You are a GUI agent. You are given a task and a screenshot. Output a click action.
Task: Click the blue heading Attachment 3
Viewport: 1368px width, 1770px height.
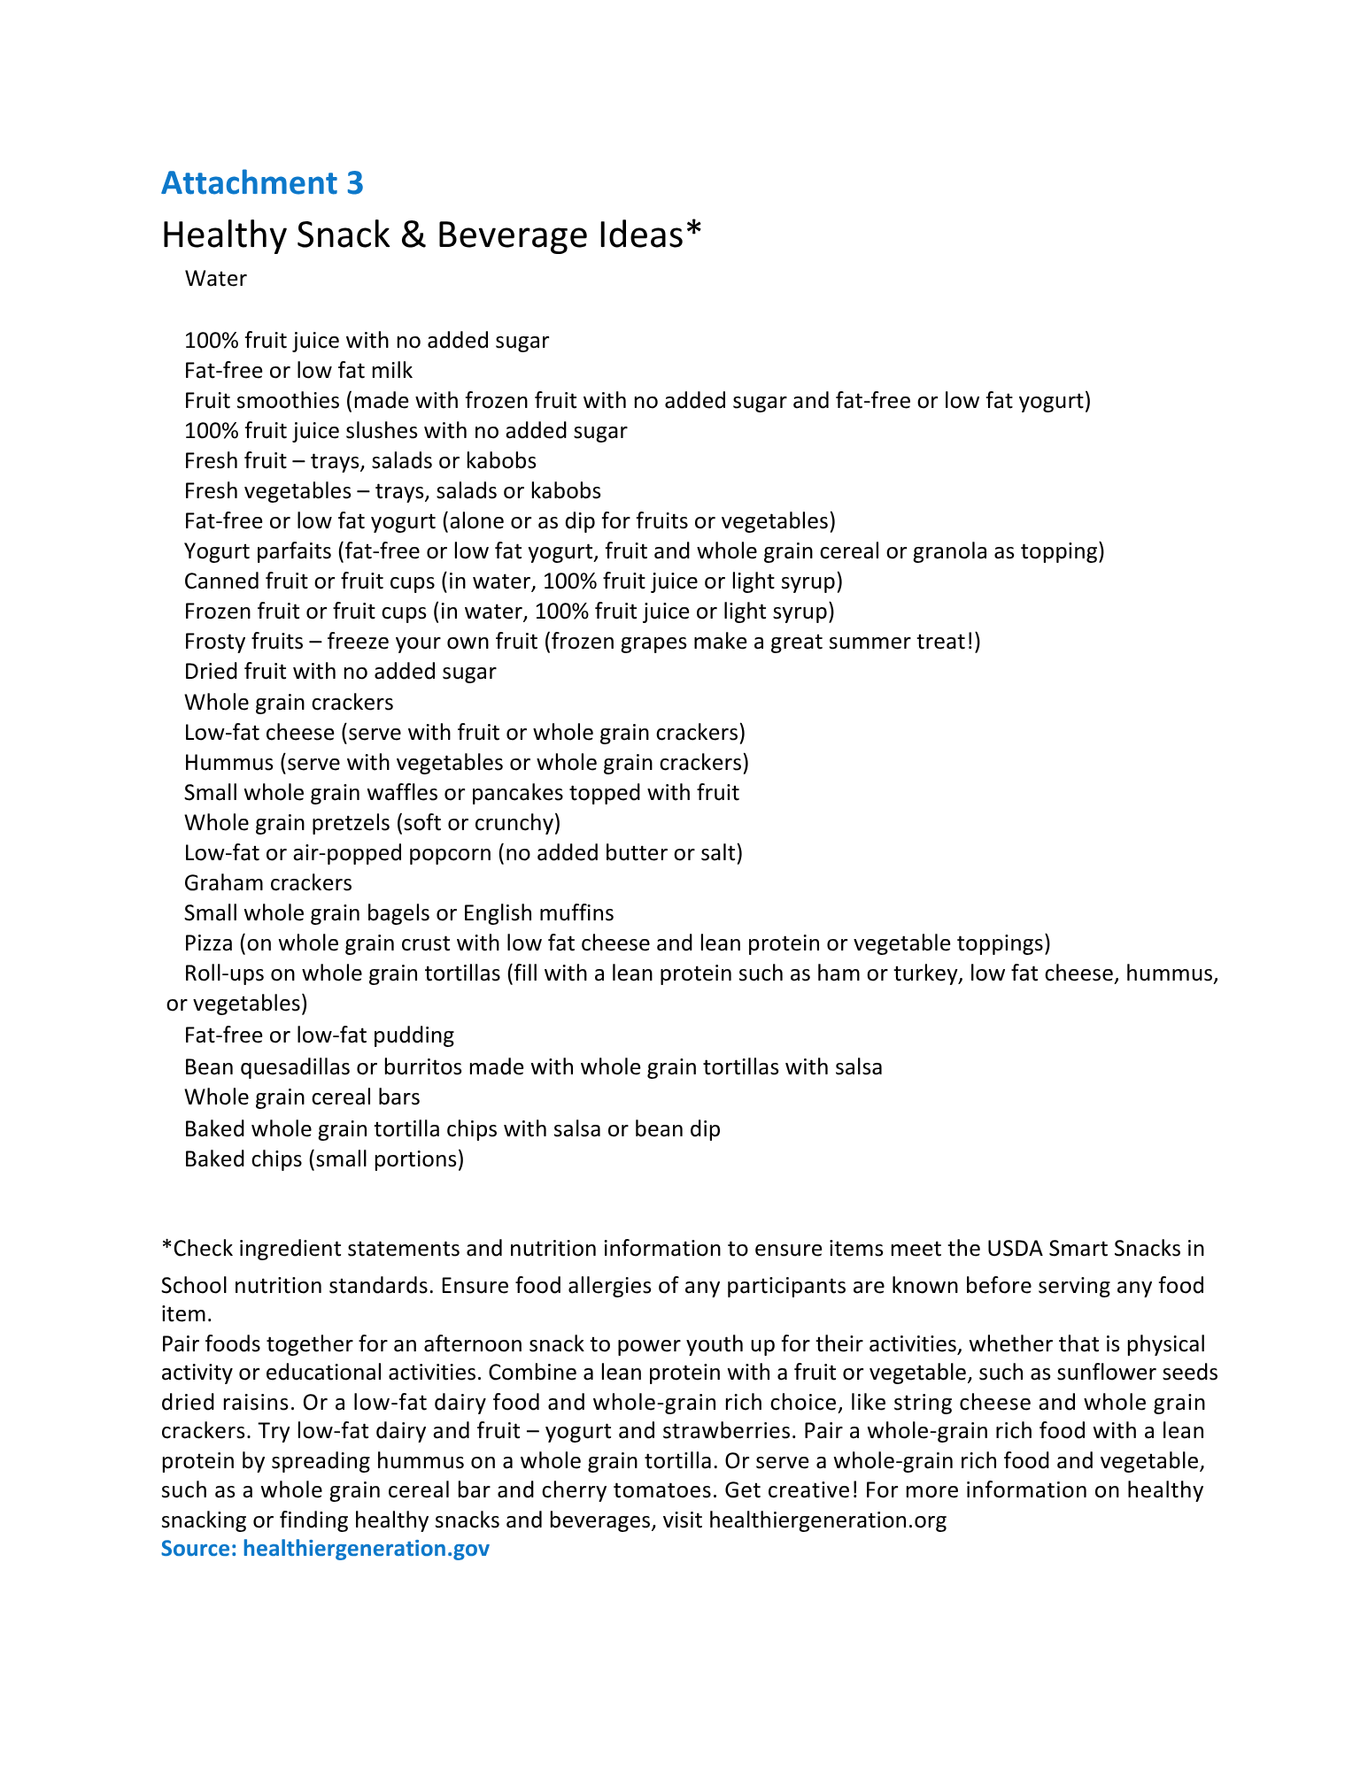pyautogui.click(x=262, y=183)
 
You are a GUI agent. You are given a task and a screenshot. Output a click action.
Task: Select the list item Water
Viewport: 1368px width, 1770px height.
pyautogui.click(x=215, y=279)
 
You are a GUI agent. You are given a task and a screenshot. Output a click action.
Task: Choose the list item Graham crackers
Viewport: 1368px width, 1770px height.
pyautogui.click(x=267, y=883)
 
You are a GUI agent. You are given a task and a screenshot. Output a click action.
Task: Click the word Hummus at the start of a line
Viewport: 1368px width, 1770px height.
pyautogui.click(x=228, y=763)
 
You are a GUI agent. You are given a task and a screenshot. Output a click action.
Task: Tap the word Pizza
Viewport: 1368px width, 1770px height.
pyautogui.click(x=208, y=943)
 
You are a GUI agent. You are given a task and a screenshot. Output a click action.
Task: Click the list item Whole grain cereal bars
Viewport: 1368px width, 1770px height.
pyautogui.click(x=302, y=1097)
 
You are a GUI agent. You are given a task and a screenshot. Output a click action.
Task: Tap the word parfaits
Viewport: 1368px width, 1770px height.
pyautogui.click(x=291, y=551)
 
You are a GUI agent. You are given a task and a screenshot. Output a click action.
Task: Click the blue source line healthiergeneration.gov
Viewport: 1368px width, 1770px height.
pyautogui.click(x=325, y=1549)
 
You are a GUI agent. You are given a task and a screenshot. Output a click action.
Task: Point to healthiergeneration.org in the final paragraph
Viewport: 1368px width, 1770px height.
pyautogui.click(x=828, y=1520)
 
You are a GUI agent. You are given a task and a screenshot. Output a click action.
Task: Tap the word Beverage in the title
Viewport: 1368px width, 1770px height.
pyautogui.click(x=506, y=235)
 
